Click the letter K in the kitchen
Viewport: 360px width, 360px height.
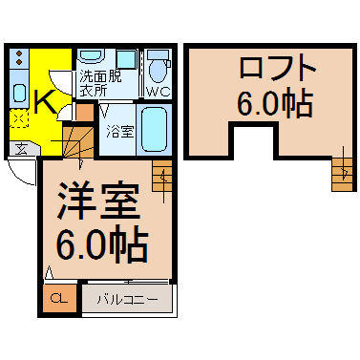tap(46, 102)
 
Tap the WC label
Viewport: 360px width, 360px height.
tap(159, 92)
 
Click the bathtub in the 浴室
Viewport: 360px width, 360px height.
tap(154, 129)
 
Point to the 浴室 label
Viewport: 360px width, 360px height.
tap(120, 132)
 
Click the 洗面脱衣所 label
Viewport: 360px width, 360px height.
tap(100, 83)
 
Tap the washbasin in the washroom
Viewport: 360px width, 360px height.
tap(92, 56)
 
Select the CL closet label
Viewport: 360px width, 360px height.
tap(59, 298)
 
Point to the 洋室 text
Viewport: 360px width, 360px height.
tap(98, 201)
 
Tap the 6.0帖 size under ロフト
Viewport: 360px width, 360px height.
tap(275, 102)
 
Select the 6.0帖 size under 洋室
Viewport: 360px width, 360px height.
tap(102, 245)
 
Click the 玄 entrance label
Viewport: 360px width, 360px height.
tap(21, 149)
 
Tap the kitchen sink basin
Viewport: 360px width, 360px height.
tap(19, 93)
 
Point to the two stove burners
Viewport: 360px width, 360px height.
tap(19, 56)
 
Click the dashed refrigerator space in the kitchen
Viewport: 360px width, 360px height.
tap(19, 118)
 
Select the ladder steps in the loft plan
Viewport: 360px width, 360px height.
tap(343, 175)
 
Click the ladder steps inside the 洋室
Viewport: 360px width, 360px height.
tap(162, 176)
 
